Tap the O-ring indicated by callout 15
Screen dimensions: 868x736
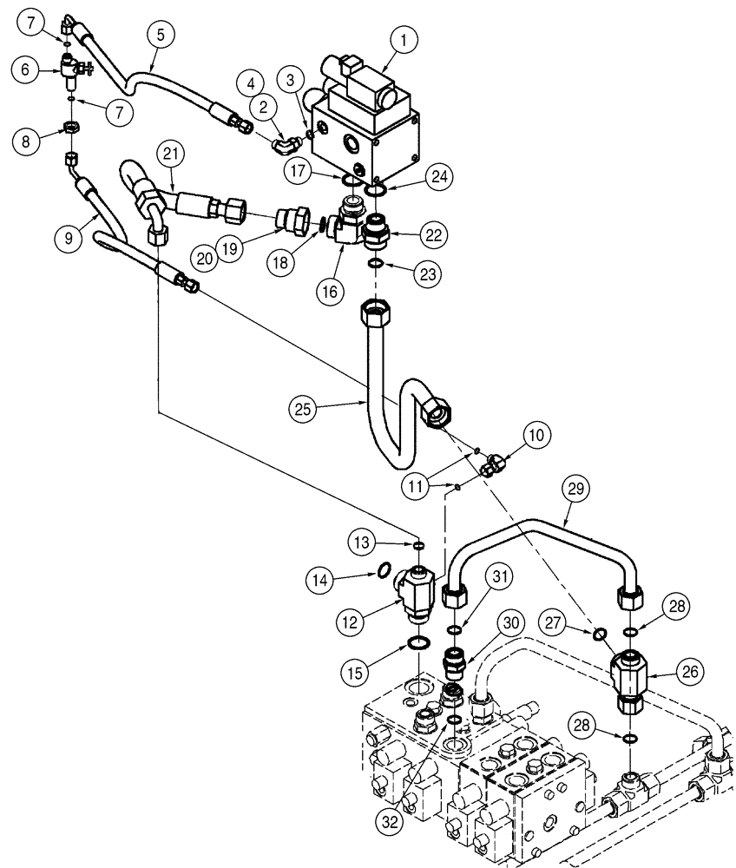click(419, 643)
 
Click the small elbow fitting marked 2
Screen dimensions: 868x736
click(284, 138)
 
